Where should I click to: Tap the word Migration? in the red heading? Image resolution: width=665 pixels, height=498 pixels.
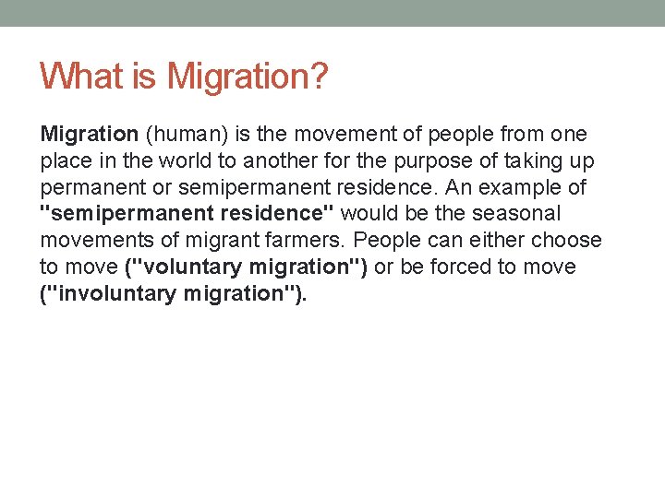pyautogui.click(x=247, y=77)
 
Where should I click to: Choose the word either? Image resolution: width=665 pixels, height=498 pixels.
pyautogui.click(x=497, y=241)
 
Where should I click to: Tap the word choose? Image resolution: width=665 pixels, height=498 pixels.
pyautogui.click(x=567, y=241)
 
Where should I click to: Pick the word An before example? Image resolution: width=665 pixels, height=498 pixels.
pyautogui.click(x=459, y=187)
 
